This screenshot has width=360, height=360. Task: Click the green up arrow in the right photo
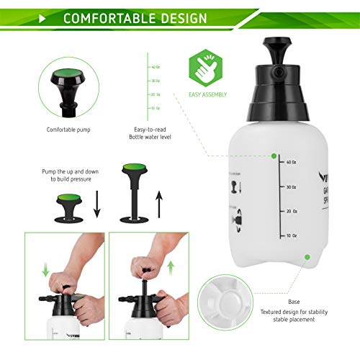click(x=171, y=267)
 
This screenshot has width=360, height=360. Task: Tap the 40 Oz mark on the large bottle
click(x=291, y=162)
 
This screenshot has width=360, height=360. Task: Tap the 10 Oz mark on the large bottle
click(x=292, y=235)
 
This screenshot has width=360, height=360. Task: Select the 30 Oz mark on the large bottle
click(x=291, y=186)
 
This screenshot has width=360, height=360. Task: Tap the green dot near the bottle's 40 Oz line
click(x=273, y=155)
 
